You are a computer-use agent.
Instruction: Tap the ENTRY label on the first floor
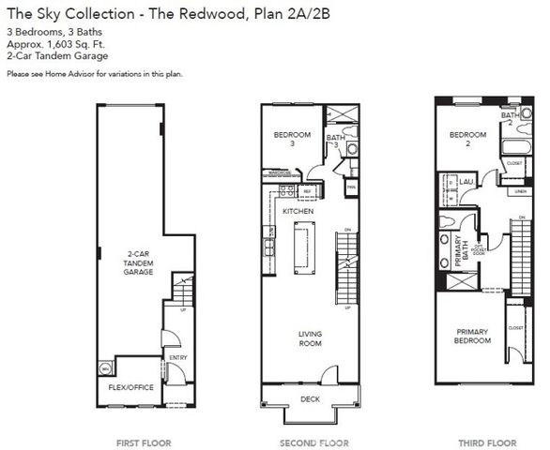point(176,357)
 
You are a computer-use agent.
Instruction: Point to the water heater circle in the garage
point(104,368)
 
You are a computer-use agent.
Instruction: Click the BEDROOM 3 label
point(291,140)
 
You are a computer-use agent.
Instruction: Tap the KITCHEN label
point(298,212)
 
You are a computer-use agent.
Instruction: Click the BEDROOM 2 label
point(466,139)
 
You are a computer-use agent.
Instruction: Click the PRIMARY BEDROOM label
point(472,336)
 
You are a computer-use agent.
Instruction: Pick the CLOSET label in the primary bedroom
point(514,328)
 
